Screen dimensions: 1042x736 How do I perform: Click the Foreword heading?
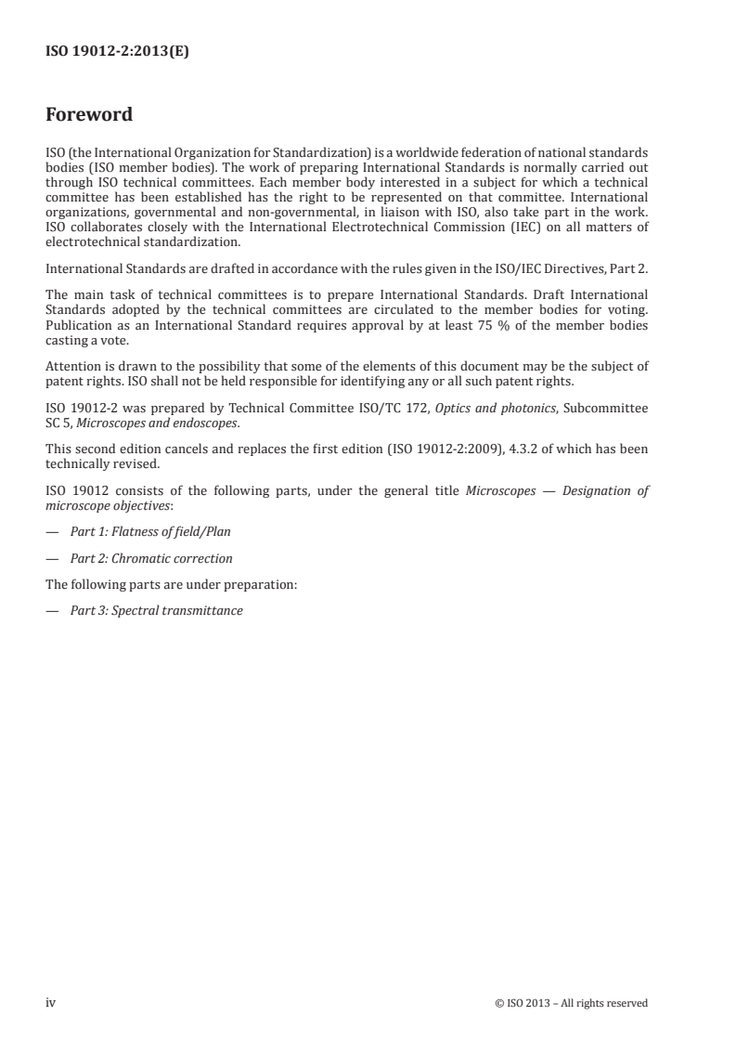pyautogui.click(x=89, y=115)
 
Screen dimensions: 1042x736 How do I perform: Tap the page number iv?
pyautogui.click(x=51, y=1002)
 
